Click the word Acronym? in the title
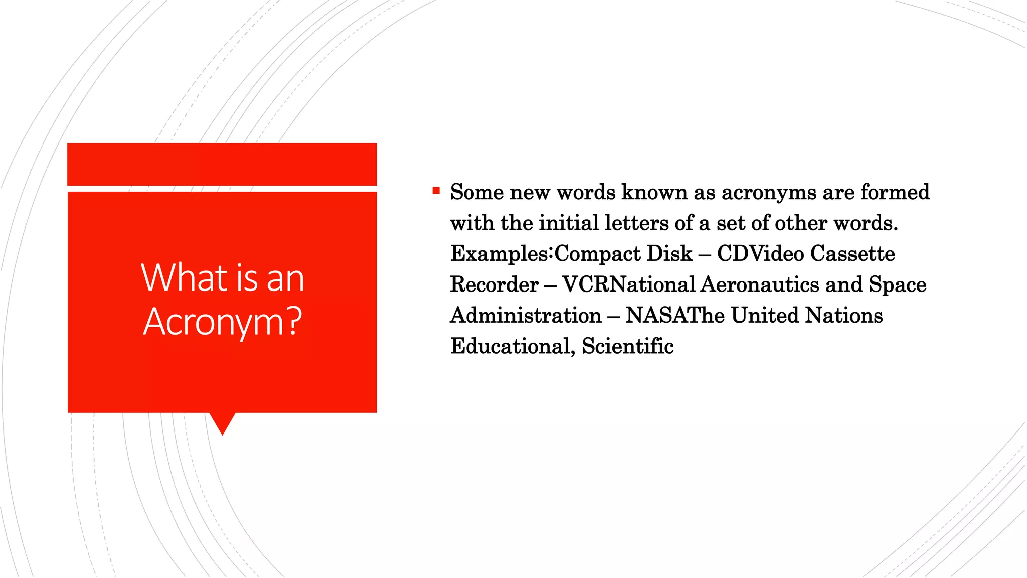pyautogui.click(x=223, y=322)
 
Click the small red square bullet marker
pyautogui.click(x=436, y=191)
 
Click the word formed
pyautogui.click(x=895, y=192)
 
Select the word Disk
pyautogui.click(x=669, y=254)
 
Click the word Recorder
pyautogui.click(x=494, y=284)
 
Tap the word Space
pyautogui.click(x=898, y=284)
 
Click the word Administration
pyautogui.click(x=526, y=316)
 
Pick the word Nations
pyautogui.click(x=844, y=316)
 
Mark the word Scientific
pyautogui.click(x=627, y=346)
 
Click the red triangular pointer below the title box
pyautogui.click(x=222, y=422)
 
